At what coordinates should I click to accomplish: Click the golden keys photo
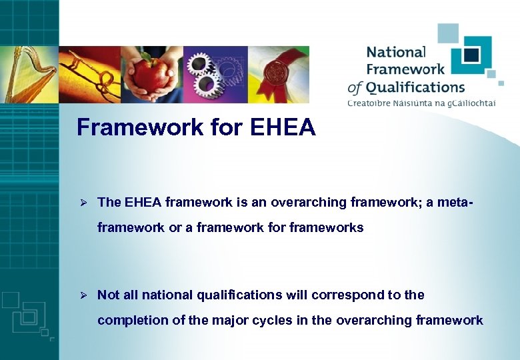[89, 75]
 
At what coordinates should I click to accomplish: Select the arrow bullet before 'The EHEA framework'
[84, 202]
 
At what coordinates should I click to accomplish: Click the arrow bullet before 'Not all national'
[84, 295]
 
